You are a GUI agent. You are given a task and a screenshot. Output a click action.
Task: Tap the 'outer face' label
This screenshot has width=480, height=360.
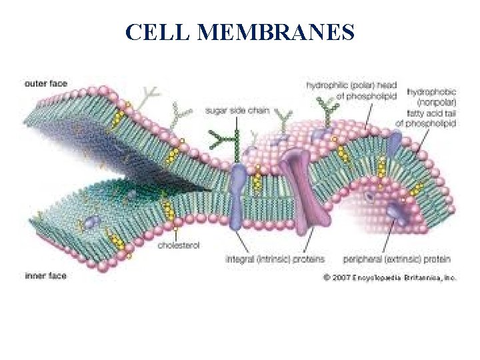pos(45,83)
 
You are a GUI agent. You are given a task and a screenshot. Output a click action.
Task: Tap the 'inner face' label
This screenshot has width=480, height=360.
pos(45,275)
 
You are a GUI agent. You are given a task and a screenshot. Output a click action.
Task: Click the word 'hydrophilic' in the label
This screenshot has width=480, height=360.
pos(327,85)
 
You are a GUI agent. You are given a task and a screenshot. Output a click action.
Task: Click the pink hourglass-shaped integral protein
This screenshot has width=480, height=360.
pos(297,190)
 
